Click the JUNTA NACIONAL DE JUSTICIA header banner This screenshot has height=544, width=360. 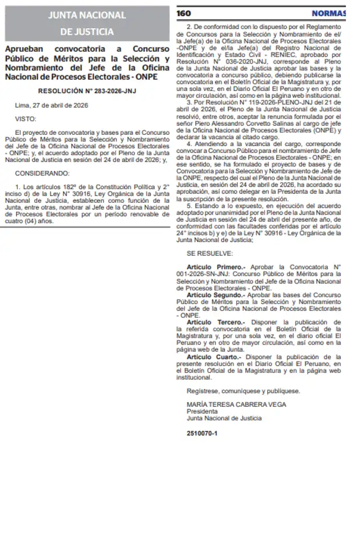click(87, 23)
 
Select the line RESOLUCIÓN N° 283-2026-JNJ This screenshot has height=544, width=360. click(87, 90)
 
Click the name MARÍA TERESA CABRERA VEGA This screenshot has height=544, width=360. click(236, 404)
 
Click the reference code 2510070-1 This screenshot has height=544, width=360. click(202, 433)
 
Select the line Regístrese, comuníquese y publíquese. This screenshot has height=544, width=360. click(243, 391)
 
